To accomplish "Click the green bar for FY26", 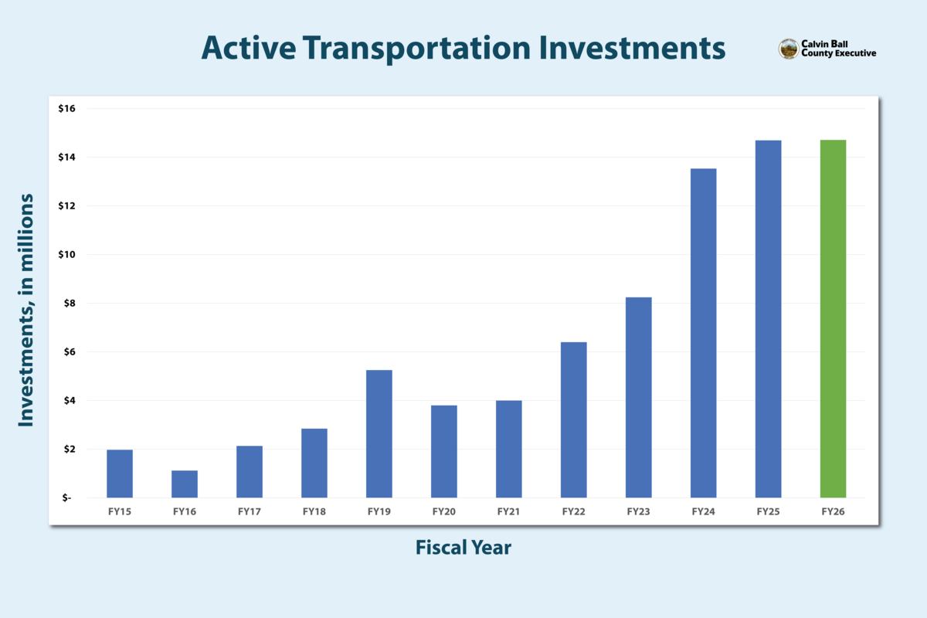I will point(833,318).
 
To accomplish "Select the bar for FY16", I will point(185,484).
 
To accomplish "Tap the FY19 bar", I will point(379,433).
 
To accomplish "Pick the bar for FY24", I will point(703,333).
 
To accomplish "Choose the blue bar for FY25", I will point(768,318).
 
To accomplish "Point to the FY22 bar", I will point(574,419).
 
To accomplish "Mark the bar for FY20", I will point(444,451).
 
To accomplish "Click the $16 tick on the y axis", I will point(66,108).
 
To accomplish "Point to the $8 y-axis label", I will point(68,303).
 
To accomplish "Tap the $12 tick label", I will point(66,205).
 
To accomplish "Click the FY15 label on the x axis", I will point(120,511).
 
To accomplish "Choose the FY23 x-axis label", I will point(638,511).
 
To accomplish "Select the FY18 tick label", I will point(314,511).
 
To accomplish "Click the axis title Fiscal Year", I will point(463,548).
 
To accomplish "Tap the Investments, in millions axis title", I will point(27,310).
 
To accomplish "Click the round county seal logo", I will point(788,49).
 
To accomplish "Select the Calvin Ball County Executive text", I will point(838,49).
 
